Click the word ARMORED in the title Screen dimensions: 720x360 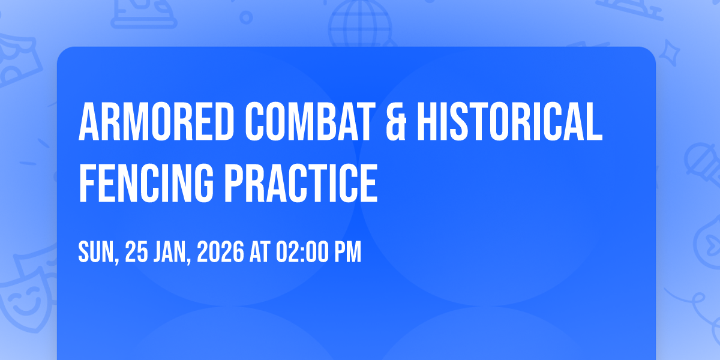click(156, 121)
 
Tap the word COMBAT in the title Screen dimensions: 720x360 click(310, 121)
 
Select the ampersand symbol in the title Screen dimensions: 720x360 click(396, 121)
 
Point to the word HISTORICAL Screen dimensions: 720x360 click(509, 121)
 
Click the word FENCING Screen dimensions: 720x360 click(146, 183)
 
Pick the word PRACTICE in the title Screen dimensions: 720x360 click(301, 183)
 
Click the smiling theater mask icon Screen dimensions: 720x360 click(26, 302)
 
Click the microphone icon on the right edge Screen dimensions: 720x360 click(703, 164)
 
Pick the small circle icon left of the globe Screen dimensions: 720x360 click(246, 17)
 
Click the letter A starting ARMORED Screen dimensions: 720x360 click(89, 121)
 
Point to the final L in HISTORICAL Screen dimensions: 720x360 click(594, 121)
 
